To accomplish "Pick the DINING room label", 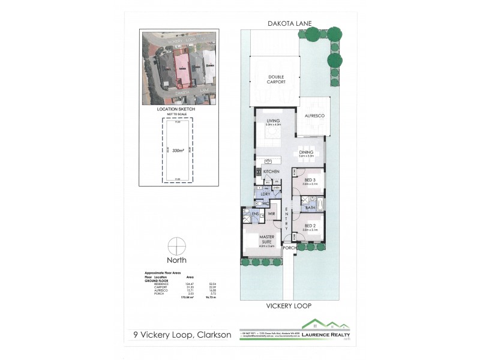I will tap(307, 152).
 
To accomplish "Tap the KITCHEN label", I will tap(271, 172).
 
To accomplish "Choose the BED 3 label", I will tap(310, 179).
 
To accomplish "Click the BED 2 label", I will tap(310, 226).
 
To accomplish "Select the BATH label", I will tap(310, 208).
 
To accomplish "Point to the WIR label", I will tap(271, 213).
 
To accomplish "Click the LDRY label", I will tap(265, 194).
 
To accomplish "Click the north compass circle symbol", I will tap(176, 247).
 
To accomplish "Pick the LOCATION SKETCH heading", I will tap(176, 109).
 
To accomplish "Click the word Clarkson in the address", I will tap(211, 334).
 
